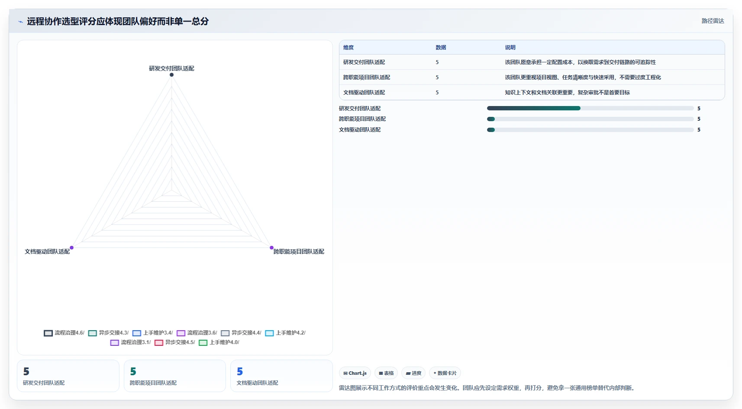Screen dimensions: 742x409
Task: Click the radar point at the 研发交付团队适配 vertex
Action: (x=171, y=75)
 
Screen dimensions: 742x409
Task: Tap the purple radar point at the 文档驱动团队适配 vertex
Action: (x=71, y=248)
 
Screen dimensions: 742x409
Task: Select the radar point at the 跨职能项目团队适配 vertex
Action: (x=271, y=248)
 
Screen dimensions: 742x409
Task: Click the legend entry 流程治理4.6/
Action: (x=64, y=333)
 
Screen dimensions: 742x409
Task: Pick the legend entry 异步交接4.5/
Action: (x=174, y=342)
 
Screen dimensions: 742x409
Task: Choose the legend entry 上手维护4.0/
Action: (x=219, y=342)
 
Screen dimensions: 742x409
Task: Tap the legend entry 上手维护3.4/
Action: (x=153, y=333)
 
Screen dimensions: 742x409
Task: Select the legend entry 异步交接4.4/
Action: (x=241, y=333)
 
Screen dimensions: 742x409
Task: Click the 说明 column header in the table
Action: (x=510, y=47)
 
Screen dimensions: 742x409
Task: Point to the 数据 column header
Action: (x=441, y=47)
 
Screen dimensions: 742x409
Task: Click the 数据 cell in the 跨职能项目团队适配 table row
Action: (x=437, y=77)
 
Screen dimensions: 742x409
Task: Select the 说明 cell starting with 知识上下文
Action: (x=567, y=92)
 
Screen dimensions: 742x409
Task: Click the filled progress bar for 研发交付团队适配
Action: (x=534, y=108)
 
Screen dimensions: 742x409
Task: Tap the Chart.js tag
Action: (x=355, y=373)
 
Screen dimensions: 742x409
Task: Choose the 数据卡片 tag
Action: (x=445, y=373)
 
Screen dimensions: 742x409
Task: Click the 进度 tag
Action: (x=413, y=373)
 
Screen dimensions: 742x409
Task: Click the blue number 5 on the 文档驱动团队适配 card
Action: (x=240, y=372)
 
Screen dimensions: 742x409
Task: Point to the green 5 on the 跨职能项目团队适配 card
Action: (x=133, y=372)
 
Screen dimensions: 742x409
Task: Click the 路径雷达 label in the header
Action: (x=713, y=21)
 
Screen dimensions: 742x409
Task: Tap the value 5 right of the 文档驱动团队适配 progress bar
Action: (x=699, y=130)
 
